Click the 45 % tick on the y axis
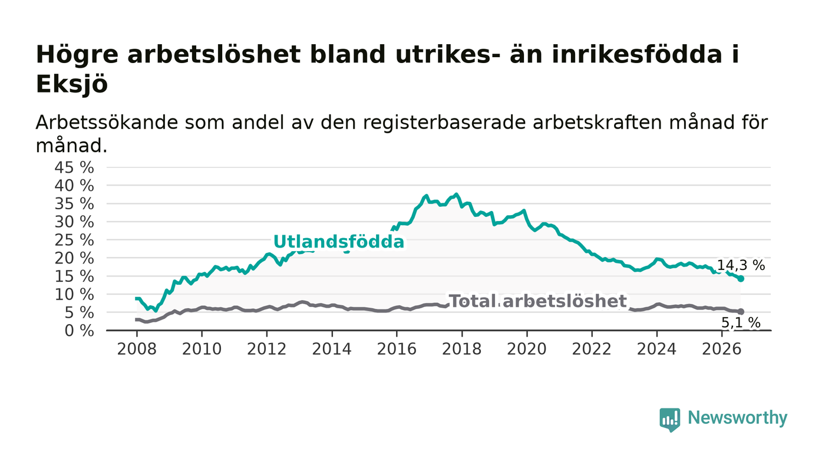click(74, 167)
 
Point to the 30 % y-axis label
click(74, 222)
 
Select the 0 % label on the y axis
click(79, 331)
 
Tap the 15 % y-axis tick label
click(74, 276)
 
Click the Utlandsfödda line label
click(339, 242)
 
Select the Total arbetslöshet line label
click(538, 301)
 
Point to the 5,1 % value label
click(741, 323)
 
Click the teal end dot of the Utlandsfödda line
click(741, 279)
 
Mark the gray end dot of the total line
click(741, 312)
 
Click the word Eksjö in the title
click(72, 84)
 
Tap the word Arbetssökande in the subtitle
click(107, 123)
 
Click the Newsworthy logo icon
click(669, 420)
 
